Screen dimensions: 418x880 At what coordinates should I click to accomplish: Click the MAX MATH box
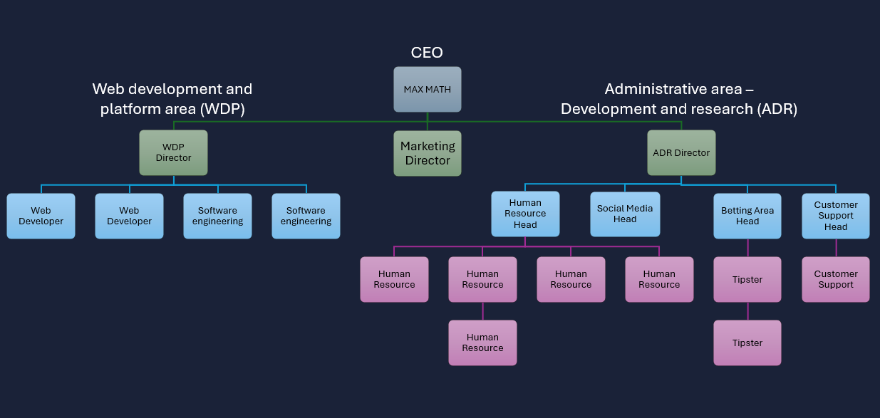(x=427, y=90)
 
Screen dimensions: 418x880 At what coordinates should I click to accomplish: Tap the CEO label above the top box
(x=427, y=53)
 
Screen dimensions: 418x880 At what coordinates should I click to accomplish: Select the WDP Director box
(x=173, y=152)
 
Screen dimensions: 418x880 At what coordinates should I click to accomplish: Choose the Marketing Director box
(x=427, y=153)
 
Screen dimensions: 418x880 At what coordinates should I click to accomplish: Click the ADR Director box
(x=681, y=152)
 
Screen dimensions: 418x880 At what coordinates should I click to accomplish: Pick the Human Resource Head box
(x=525, y=214)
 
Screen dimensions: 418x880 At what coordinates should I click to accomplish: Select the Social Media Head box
(x=625, y=214)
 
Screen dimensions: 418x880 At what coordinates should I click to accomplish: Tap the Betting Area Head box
(x=747, y=216)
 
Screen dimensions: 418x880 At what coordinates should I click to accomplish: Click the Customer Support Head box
(x=836, y=216)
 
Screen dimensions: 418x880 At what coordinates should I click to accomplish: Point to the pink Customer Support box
(x=836, y=279)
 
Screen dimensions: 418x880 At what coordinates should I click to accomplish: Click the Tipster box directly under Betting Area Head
(x=747, y=279)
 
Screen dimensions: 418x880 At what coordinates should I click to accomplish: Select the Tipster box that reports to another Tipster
(x=747, y=343)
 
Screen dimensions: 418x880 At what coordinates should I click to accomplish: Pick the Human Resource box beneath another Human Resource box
(x=482, y=343)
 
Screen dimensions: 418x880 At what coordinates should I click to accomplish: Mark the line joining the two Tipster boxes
(x=747, y=311)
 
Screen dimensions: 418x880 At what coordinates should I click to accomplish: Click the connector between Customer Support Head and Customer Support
(x=836, y=248)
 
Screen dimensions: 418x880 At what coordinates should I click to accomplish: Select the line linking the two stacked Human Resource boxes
(x=482, y=311)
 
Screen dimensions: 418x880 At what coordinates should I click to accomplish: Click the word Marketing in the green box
(x=428, y=146)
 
